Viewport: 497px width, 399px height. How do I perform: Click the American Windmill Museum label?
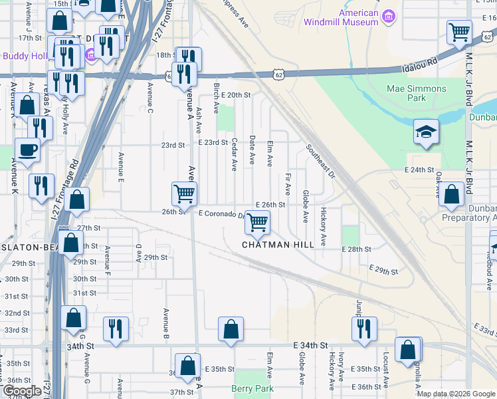pyautogui.click(x=341, y=17)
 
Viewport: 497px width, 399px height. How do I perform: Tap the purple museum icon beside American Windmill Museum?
pyautogui.click(x=390, y=15)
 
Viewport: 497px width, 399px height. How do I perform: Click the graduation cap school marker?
pyautogui.click(x=425, y=132)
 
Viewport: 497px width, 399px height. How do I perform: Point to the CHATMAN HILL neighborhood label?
pyautogui.click(x=278, y=245)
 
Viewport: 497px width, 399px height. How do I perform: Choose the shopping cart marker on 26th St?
pyautogui.click(x=184, y=194)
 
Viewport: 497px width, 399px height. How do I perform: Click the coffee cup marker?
pyautogui.click(x=27, y=150)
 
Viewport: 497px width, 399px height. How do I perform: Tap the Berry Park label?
pyautogui.click(x=252, y=388)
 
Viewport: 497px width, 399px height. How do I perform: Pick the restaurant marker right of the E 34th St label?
pyautogui.click(x=363, y=329)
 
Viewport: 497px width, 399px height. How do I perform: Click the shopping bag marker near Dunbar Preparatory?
pyautogui.click(x=451, y=196)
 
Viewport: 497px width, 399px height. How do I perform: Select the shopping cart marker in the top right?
pyautogui.click(x=458, y=32)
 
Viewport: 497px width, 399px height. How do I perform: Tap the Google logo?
pyautogui.click(x=22, y=391)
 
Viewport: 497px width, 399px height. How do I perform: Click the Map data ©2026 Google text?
pyautogui.click(x=456, y=394)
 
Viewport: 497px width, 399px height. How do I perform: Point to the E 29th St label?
pyautogui.click(x=383, y=271)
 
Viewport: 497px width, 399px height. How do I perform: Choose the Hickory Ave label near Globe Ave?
pyautogui.click(x=324, y=227)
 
